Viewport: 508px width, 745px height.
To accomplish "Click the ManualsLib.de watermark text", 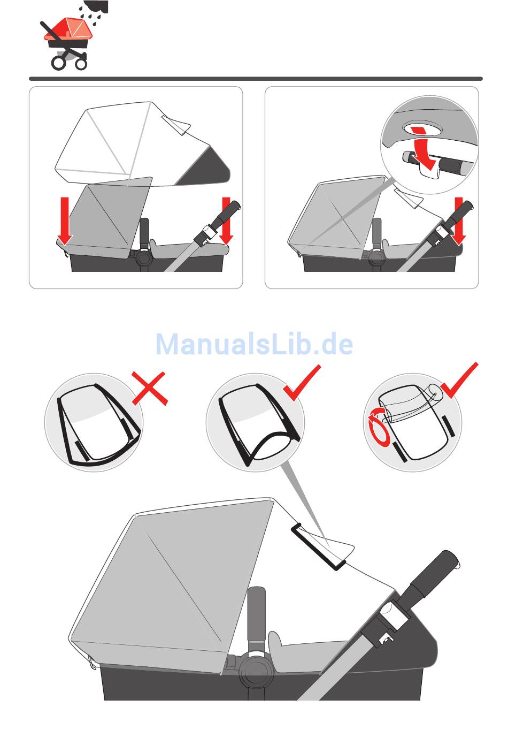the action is tap(254, 344).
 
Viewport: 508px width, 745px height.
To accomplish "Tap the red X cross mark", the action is tap(150, 388).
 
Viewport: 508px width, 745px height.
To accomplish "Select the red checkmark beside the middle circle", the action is tap(302, 383).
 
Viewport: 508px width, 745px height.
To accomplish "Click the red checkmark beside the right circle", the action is tap(459, 380).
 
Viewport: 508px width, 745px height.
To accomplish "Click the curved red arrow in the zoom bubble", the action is tap(424, 150).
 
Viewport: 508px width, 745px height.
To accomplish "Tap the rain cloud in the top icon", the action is tap(96, 6).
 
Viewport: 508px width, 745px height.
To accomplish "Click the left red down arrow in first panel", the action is tap(65, 221).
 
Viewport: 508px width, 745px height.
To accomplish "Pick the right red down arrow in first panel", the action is tap(226, 221).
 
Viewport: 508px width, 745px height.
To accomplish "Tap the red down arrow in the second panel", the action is tap(459, 221).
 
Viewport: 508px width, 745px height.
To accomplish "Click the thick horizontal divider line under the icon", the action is tap(256, 79).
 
